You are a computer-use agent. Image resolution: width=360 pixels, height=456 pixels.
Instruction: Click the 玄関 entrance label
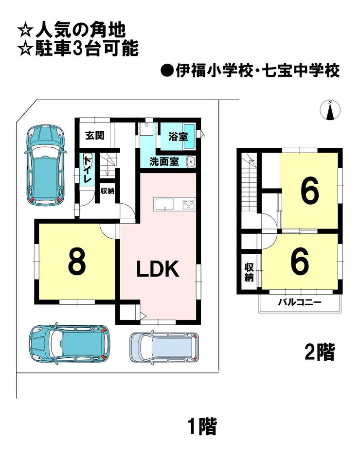coord(94,136)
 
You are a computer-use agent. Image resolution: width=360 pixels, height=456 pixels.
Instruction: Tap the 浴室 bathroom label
coord(178,137)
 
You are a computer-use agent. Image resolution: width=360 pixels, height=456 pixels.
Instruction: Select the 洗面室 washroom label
coord(164,162)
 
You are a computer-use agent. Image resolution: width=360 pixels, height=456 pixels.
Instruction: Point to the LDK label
coord(158,269)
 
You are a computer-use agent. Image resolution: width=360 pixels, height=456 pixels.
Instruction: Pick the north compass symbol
coord(330,110)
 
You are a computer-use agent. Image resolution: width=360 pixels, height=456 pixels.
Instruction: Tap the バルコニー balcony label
coord(300,302)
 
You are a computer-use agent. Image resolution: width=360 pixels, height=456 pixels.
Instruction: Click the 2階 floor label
coord(320,351)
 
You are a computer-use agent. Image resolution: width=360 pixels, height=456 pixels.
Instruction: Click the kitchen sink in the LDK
coord(165,204)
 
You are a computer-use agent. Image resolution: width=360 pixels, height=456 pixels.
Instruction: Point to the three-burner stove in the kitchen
coord(189,204)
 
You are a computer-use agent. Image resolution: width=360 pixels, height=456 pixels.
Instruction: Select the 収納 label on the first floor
coord(107,191)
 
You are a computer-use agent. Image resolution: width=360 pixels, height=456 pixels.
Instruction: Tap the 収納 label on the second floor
coord(249,272)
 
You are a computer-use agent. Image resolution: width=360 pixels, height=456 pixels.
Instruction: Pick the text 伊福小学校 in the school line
coord(214,70)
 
